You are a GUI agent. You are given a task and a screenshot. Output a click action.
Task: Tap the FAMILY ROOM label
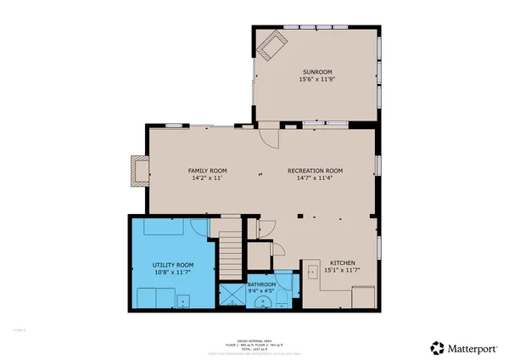(x=208, y=171)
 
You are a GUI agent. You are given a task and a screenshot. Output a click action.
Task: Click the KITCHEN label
(x=343, y=262)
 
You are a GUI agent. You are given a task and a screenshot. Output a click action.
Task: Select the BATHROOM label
(x=261, y=284)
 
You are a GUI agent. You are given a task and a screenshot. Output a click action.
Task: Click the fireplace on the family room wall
(x=135, y=171)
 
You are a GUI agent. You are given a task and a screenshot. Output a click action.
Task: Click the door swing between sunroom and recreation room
(x=268, y=134)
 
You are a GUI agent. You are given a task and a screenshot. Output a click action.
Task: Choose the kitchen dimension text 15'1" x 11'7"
(x=343, y=270)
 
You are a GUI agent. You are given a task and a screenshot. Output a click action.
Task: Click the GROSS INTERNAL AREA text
(x=255, y=338)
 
